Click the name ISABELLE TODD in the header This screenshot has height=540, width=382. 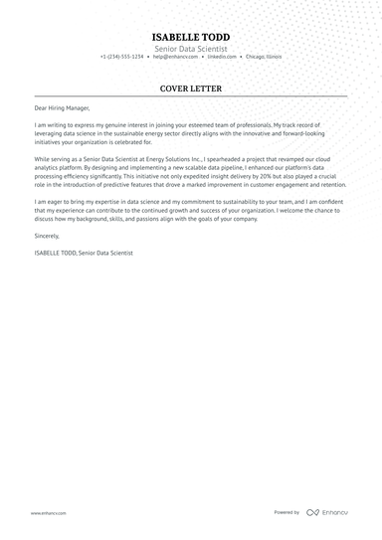click(190, 37)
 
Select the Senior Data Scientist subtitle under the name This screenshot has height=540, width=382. click(190, 49)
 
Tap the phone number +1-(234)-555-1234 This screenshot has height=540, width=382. click(121, 57)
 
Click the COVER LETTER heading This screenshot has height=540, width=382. click(190, 89)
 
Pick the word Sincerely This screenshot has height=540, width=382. click(47, 236)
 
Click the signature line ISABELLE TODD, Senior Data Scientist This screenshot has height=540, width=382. click(83, 254)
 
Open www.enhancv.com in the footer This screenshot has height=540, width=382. click(48, 513)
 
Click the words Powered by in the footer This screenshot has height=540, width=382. click(286, 513)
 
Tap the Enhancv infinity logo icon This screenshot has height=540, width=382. click(312, 513)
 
